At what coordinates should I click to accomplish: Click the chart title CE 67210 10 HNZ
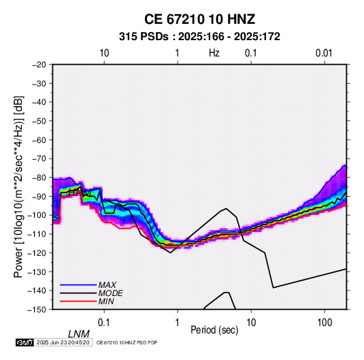coord(199,19)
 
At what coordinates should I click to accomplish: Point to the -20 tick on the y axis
coord(39,65)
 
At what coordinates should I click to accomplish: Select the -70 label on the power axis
coord(39,159)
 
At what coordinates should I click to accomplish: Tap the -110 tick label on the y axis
coord(37,234)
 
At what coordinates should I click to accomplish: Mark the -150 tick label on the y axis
coord(37,310)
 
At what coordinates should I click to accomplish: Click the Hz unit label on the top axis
coord(214,53)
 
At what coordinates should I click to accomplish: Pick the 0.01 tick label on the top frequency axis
coord(324,53)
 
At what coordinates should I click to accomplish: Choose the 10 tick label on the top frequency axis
coord(104,53)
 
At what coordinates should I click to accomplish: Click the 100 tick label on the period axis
coord(325,323)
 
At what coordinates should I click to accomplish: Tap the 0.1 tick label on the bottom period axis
coord(104,323)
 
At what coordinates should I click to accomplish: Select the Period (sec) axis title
coord(214,330)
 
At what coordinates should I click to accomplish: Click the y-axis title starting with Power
coord(18,187)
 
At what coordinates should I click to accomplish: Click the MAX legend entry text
coord(107,285)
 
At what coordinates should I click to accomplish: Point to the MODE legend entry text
coord(110,293)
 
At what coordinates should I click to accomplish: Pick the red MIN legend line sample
coord(78,301)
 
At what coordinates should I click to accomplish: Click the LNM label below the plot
coord(78,334)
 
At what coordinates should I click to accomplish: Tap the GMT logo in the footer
coord(24,342)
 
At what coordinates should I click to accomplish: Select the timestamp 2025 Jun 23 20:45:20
coord(63,342)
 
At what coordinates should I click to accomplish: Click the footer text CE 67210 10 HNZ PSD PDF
coord(127,342)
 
